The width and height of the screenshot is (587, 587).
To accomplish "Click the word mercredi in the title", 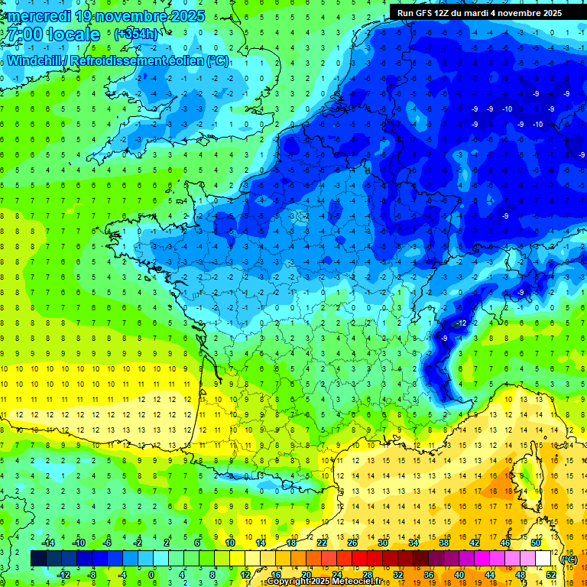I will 38,16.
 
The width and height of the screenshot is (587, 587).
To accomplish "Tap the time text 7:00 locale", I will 52,34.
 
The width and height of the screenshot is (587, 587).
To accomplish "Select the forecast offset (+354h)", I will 136,34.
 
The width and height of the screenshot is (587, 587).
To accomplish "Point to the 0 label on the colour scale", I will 152,575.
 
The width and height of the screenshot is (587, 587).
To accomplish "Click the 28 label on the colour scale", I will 367,575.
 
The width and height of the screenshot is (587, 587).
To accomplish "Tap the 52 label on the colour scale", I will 551,575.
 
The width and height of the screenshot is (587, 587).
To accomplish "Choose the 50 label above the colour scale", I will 536,543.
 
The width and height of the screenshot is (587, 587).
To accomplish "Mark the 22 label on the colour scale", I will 322,543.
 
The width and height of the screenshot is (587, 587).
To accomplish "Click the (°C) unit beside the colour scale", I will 569,559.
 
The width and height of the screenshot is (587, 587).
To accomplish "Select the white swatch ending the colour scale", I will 543,559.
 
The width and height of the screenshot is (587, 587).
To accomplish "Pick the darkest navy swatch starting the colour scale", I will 38,559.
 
